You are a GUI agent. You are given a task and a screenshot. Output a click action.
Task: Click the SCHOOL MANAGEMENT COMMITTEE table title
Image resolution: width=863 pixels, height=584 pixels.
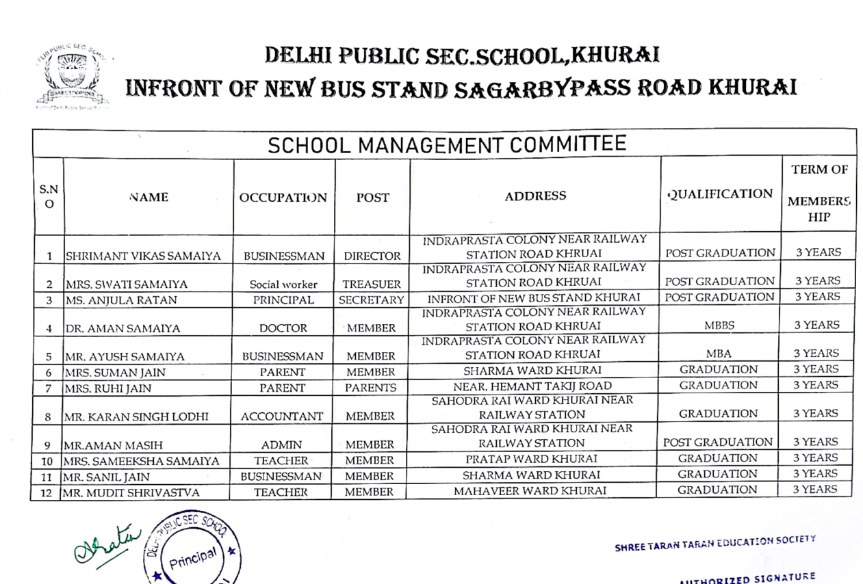click(446, 145)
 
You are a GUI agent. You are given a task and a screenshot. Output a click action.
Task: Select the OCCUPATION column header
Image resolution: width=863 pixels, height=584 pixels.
click(283, 198)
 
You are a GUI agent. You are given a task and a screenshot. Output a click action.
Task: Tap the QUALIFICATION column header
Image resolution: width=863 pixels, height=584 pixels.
click(720, 194)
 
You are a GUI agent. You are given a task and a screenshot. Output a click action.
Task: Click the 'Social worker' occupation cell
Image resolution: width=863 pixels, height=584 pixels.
click(283, 284)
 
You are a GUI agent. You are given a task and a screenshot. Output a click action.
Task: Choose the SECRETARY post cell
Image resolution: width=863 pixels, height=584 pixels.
click(372, 300)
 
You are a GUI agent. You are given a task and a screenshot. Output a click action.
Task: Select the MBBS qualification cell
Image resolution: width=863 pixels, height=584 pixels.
click(720, 326)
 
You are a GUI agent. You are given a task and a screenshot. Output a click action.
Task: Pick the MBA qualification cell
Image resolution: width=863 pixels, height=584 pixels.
click(720, 354)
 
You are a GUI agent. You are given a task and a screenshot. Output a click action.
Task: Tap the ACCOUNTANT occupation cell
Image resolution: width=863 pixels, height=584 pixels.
click(283, 416)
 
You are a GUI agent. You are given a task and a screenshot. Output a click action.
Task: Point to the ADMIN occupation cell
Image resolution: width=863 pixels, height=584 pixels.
click(282, 444)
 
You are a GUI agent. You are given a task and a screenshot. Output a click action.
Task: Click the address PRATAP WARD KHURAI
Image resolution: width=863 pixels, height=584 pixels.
click(532, 458)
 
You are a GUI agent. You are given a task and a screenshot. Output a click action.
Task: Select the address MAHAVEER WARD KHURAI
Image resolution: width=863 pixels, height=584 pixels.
click(531, 490)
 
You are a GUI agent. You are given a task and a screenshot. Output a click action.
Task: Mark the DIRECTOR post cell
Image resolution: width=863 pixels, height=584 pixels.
click(372, 257)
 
